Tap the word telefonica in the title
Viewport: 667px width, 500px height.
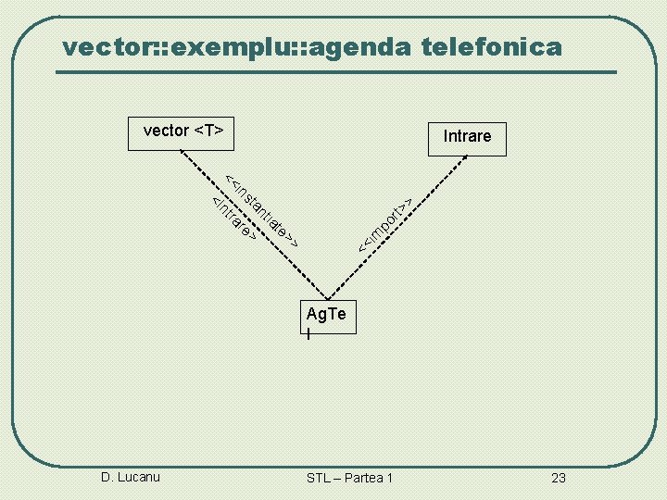(x=492, y=45)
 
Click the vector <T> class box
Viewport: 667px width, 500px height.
(x=182, y=131)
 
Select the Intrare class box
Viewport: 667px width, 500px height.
(x=466, y=137)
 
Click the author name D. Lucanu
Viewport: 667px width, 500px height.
(x=131, y=477)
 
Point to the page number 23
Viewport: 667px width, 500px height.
(x=558, y=478)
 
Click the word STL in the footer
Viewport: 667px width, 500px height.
(x=320, y=478)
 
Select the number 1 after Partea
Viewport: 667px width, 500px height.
(x=390, y=478)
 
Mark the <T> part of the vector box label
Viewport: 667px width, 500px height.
(x=209, y=131)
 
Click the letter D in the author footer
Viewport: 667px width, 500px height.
(x=106, y=477)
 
